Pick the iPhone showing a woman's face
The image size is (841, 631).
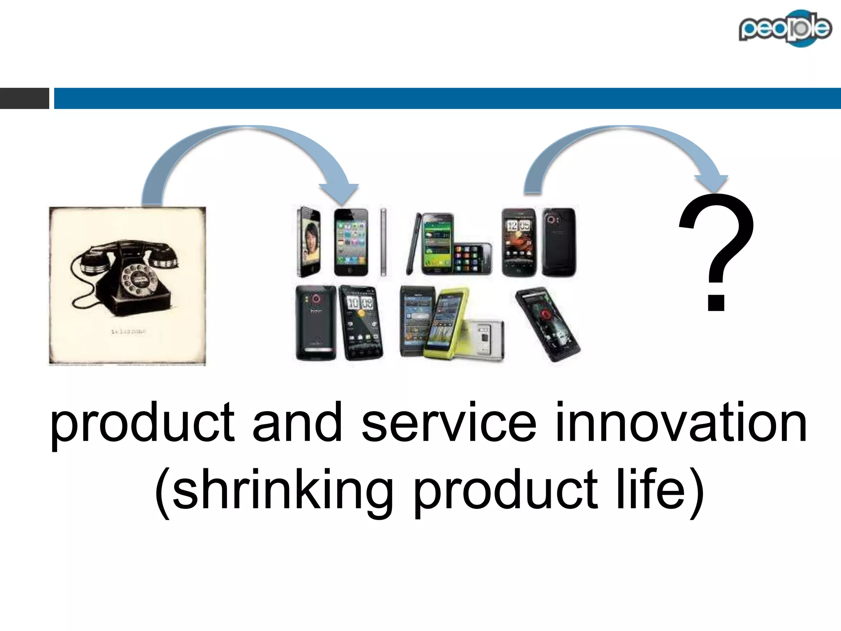click(x=309, y=242)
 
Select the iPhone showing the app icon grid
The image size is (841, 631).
click(x=351, y=242)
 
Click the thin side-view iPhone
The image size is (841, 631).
click(x=384, y=242)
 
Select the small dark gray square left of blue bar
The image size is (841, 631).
click(x=24, y=98)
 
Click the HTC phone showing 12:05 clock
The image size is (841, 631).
click(x=519, y=242)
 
